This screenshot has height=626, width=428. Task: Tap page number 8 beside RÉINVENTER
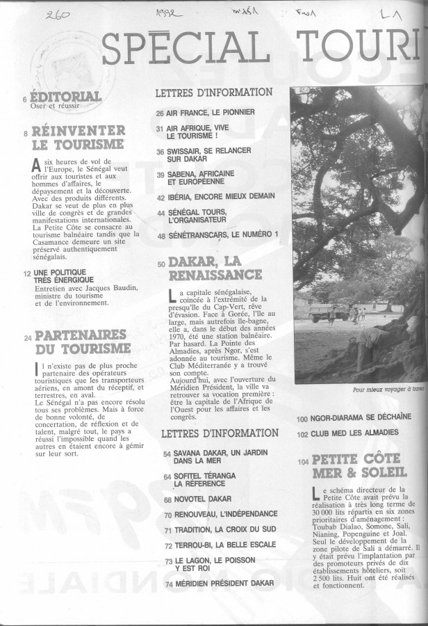(26, 132)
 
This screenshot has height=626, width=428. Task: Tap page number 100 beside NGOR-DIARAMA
(302, 419)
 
